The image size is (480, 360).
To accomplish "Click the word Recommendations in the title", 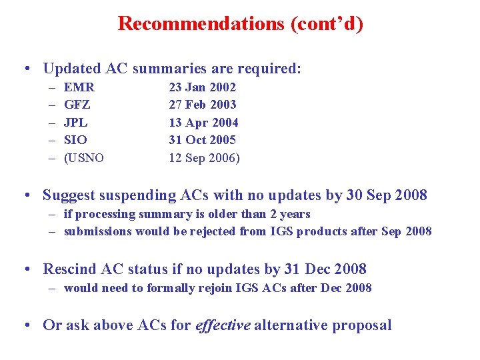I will pos(201,24).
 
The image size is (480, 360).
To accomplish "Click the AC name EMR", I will pos(79,87).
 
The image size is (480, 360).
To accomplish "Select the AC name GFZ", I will pos(77,105).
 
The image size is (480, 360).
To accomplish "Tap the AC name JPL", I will pos(76,123).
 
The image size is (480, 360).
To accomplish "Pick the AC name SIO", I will pos(75,140).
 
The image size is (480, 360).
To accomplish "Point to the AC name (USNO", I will pos(84,158).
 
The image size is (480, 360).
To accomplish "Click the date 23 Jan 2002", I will pos(202,87).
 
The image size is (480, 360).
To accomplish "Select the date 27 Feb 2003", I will pos(203,105).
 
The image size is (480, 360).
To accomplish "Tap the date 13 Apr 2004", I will pos(203,123).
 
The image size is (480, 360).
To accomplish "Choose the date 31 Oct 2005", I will pos(203,140).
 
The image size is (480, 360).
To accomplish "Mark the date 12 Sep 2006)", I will pos(205,158).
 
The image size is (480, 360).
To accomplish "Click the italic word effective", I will pos(223,325).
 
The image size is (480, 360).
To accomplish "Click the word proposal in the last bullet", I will pos(362,326).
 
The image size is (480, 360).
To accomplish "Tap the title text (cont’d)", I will pos(327,24).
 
